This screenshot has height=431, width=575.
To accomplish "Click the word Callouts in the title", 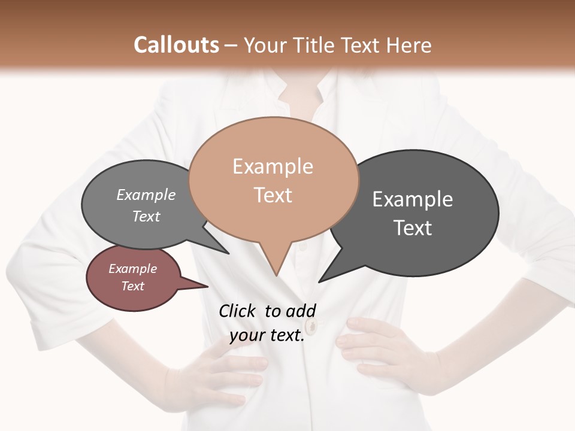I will coord(176,45).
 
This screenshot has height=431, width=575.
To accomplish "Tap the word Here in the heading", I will coord(408,45).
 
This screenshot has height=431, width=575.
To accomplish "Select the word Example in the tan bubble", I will coord(273,166).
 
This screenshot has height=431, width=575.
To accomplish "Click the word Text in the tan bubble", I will coord(273,195).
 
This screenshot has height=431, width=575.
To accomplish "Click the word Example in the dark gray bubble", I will coord(413,199).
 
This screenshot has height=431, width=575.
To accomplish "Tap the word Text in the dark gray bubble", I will coord(413,228).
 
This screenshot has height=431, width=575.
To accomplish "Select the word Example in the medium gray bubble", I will coord(146,195).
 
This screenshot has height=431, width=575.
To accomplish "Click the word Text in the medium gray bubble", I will coord(146,217).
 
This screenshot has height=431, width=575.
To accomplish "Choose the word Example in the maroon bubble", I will coord(133,269).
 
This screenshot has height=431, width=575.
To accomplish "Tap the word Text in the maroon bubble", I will coord(133,286).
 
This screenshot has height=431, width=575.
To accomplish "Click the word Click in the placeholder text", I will coord(237,311).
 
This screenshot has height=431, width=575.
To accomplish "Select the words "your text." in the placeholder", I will coord(267,336).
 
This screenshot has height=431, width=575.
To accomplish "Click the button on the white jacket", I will coord(311,326).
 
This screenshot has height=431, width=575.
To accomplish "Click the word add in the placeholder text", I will coord(301,311).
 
